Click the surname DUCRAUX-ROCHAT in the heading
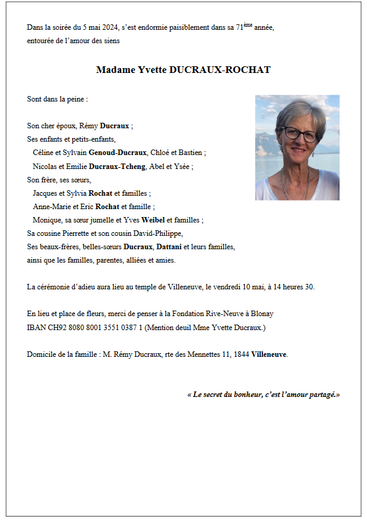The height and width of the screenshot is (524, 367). (x=221, y=70)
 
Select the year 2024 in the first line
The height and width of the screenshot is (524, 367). (x=110, y=27)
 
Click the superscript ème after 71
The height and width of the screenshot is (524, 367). (x=248, y=25)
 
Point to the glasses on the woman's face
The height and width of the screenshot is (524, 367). (x=299, y=134)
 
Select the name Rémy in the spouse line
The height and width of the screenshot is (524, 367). (x=89, y=126)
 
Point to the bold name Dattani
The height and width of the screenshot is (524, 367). (x=172, y=247)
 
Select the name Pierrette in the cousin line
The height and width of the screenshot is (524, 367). (x=74, y=233)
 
